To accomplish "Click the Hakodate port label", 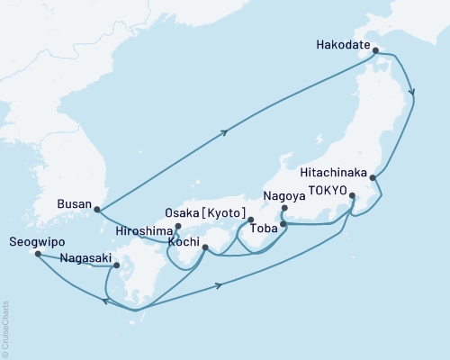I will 343,41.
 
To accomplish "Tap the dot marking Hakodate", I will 375,50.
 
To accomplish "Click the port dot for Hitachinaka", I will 373,178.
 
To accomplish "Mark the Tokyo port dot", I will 352,194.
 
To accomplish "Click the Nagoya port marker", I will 283,209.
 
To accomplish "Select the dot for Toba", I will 283,224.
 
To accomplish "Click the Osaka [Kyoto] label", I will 207,211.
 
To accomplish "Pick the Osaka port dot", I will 251,220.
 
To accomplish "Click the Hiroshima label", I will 145,229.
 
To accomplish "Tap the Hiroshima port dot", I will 178,226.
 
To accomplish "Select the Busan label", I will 74,204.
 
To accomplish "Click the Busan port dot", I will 96,211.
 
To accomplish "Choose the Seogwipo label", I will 33,242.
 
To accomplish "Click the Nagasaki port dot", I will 117,265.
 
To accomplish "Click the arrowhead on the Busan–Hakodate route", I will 224,131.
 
